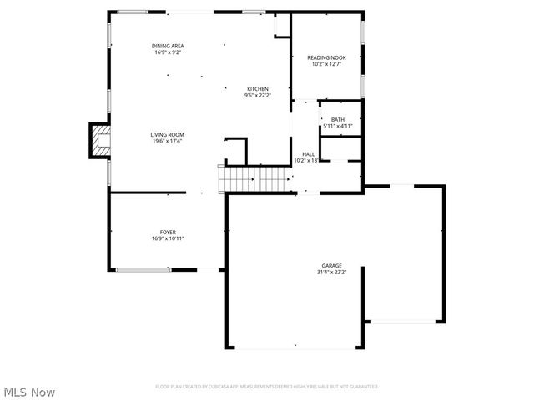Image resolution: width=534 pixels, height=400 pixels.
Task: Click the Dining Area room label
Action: coord(168,45)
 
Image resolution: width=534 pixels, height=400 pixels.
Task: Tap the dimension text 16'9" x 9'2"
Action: coord(168,52)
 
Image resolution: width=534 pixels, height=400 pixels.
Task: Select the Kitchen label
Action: coord(257,88)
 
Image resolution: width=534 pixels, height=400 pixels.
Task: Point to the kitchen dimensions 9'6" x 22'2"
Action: coord(257,95)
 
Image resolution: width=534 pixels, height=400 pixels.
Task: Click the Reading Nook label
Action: coord(326,57)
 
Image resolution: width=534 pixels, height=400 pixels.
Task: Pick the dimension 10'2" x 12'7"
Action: coord(326,64)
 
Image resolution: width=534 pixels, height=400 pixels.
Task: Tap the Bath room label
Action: coord(337,119)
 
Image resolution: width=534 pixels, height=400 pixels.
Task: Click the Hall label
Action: coord(308,153)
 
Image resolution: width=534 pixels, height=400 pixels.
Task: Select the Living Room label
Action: coord(167,134)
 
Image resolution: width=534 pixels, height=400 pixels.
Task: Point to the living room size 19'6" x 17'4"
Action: coord(167,141)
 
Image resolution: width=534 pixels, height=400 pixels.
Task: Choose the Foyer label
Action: coord(168,232)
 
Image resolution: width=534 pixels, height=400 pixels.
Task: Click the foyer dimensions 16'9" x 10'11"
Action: coord(168,238)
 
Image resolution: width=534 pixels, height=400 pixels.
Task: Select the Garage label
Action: coord(331,265)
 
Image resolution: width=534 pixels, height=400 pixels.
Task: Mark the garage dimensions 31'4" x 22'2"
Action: coord(331,272)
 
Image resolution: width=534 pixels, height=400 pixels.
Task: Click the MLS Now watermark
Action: coord(29,392)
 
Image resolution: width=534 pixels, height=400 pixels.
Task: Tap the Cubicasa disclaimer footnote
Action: coord(267,387)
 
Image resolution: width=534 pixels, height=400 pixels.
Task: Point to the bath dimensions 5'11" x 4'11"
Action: coord(337,127)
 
